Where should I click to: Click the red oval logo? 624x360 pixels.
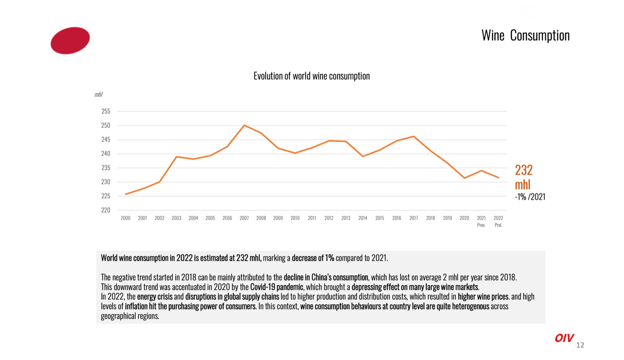coord(70,40)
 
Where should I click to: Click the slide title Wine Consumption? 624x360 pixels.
coord(525,36)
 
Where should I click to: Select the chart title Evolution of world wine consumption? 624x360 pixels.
coord(312,76)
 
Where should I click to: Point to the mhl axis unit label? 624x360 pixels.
coord(98,95)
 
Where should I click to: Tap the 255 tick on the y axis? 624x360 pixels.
coord(106,111)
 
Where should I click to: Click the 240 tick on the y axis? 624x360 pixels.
coord(106,154)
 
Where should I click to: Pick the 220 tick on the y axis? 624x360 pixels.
coord(106,210)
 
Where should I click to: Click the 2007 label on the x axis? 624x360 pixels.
coord(244,218)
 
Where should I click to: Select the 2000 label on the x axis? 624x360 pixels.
coord(125,218)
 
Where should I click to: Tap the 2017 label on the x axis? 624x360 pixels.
coord(414,218)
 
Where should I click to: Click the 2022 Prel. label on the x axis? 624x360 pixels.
coord(498,221)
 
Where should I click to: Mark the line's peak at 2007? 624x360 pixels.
coord(244,125)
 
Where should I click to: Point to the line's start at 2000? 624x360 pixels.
coord(126,194)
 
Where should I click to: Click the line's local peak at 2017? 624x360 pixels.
coord(414,136)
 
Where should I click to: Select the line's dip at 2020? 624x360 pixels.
coord(464,178)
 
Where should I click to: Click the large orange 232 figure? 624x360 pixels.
coord(524,170)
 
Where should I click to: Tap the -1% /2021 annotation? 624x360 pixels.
coord(530,197)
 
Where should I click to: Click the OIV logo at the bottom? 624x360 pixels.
coord(564,338)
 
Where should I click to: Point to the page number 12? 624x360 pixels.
coord(580,345)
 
